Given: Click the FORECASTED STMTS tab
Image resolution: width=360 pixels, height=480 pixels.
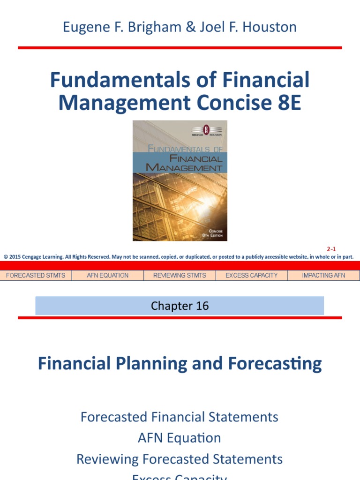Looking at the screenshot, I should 36,275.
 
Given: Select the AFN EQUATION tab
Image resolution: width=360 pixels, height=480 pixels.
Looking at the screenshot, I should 108,275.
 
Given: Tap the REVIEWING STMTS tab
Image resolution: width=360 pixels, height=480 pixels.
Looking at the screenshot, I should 180,275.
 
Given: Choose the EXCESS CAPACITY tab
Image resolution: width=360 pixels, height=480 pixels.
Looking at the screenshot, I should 252,275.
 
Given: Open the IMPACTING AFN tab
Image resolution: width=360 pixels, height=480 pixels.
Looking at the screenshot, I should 323,275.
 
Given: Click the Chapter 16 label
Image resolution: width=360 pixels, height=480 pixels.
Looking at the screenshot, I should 180,306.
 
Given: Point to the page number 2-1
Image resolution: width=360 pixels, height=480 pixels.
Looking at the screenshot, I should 331,249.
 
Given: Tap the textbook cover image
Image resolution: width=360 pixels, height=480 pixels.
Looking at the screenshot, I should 180,180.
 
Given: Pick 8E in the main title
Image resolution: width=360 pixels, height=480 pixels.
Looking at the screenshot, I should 287,103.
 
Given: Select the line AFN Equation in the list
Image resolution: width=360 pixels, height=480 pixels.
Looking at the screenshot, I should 180,438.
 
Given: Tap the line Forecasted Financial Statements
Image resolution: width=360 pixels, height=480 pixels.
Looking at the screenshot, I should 180,417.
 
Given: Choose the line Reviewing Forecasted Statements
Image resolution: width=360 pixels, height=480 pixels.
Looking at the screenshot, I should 180,459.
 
